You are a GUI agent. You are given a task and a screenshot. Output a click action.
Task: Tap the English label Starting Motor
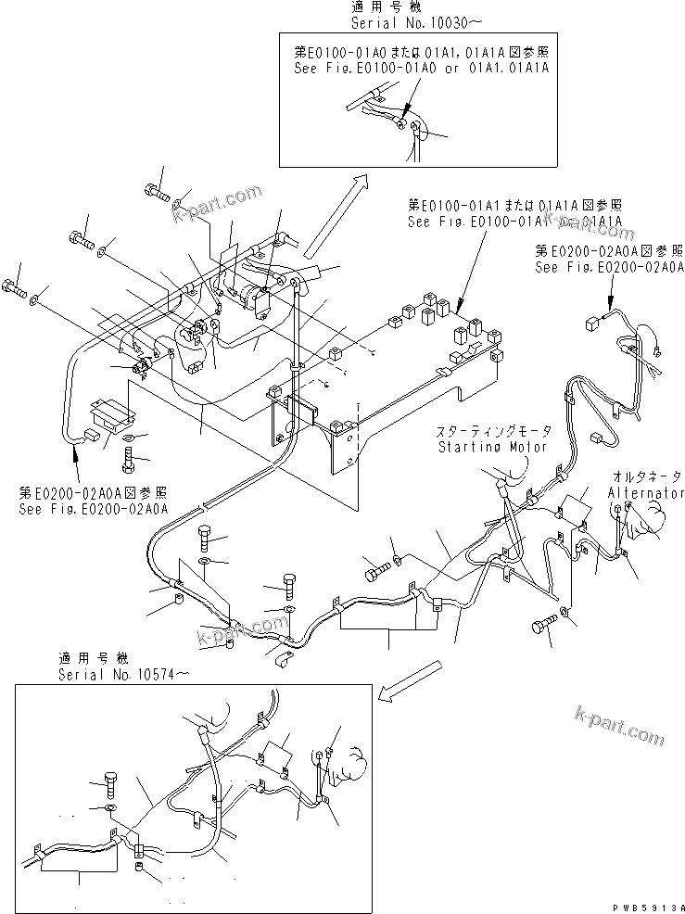pos(494,447)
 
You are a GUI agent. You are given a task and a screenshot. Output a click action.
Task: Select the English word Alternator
pos(646,493)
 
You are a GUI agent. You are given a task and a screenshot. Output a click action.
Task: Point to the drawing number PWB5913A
pos(645,906)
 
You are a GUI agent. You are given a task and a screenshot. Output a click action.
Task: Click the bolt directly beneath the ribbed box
pos(129,456)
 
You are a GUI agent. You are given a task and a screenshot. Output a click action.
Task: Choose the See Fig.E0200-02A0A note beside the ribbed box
pos(92,501)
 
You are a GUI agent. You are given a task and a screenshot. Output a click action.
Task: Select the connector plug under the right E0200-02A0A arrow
pos(592,323)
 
